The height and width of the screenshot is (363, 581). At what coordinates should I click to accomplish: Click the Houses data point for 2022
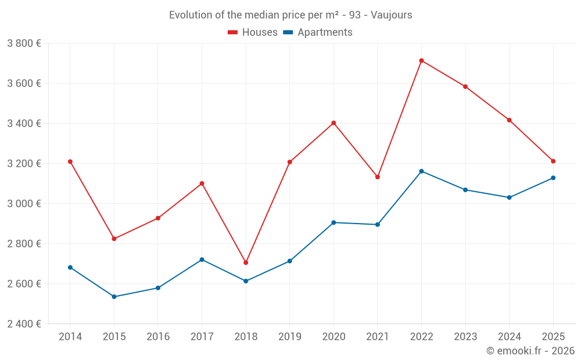(x=421, y=60)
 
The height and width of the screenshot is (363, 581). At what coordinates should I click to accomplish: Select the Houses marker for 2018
(x=246, y=263)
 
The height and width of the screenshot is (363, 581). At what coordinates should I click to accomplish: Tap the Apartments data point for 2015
(x=114, y=297)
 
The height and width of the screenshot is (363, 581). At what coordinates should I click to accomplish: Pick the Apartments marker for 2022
(x=421, y=171)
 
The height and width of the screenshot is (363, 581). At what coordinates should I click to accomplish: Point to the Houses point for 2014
(x=70, y=161)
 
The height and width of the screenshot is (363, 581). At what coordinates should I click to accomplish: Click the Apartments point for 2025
(x=553, y=178)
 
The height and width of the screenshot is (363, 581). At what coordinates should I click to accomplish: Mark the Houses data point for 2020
(x=333, y=123)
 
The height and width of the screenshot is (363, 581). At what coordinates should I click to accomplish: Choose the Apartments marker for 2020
(x=333, y=222)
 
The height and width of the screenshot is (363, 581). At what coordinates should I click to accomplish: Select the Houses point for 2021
(x=378, y=177)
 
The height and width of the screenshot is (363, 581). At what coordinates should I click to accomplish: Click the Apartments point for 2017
(x=202, y=260)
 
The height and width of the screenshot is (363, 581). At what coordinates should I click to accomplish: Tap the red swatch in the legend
(x=233, y=33)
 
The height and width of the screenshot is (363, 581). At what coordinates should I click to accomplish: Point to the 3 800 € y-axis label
(x=24, y=44)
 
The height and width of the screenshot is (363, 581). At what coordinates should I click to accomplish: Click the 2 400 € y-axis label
(x=24, y=324)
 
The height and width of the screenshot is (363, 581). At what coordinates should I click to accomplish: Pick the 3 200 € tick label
(x=24, y=164)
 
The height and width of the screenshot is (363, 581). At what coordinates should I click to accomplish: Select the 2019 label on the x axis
(x=289, y=337)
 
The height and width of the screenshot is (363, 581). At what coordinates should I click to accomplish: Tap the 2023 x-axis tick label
(x=465, y=337)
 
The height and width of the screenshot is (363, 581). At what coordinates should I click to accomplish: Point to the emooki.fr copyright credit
(x=530, y=351)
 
